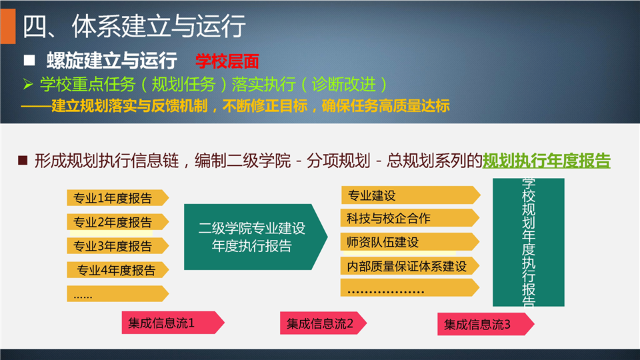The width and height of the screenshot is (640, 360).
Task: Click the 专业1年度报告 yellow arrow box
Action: [x=117, y=197]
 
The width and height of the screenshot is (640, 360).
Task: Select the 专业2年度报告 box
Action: [x=117, y=221]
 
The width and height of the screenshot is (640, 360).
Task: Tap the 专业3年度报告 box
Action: [x=117, y=246]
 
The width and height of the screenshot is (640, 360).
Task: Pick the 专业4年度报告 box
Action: [x=117, y=270]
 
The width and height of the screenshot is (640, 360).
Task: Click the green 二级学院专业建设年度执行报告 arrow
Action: [x=255, y=237]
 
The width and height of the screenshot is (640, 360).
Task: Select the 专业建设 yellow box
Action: [x=411, y=195]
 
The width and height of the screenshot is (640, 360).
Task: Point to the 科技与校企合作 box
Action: [x=410, y=218]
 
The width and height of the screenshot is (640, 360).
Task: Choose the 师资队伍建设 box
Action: [x=410, y=241]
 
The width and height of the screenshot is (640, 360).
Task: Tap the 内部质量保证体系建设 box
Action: [x=410, y=266]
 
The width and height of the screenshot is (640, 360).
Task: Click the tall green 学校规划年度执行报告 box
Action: [x=529, y=242]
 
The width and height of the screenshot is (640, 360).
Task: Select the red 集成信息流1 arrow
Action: [x=173, y=323]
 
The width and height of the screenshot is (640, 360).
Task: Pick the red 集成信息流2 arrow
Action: [x=323, y=323]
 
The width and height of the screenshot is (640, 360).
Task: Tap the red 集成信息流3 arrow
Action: [x=486, y=324]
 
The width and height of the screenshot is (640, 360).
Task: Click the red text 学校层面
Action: [x=227, y=61]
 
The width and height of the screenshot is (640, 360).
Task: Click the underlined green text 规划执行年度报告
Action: [x=547, y=161]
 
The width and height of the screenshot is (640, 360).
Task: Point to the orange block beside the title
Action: [x=8, y=26]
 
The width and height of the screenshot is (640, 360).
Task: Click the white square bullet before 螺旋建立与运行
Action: [x=29, y=61]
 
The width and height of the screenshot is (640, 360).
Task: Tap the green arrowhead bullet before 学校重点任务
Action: [x=28, y=84]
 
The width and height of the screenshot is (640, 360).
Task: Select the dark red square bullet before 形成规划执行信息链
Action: [x=23, y=160]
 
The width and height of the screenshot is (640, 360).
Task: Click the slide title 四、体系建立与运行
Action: [x=134, y=26]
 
